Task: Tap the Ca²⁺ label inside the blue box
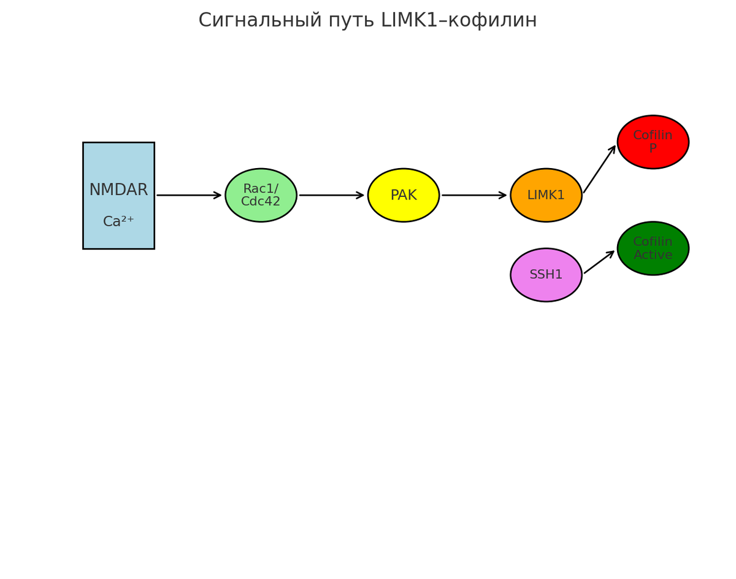point(118,222)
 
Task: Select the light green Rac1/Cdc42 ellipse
point(261,195)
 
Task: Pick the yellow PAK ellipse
point(404,195)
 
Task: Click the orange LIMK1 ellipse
point(546,195)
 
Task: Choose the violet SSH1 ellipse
point(546,275)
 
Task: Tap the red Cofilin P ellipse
point(653,142)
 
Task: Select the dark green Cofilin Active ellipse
point(653,248)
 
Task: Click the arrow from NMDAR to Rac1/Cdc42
point(189,195)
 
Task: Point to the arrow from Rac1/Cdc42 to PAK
point(332,195)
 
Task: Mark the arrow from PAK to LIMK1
point(474,195)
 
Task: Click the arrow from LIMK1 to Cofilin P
point(599,169)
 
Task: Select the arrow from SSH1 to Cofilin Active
point(599,263)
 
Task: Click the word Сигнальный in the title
point(253,21)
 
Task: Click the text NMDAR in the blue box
point(118,190)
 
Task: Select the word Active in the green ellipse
point(653,255)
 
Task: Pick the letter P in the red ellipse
point(653,148)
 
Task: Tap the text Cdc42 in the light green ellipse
point(261,202)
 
